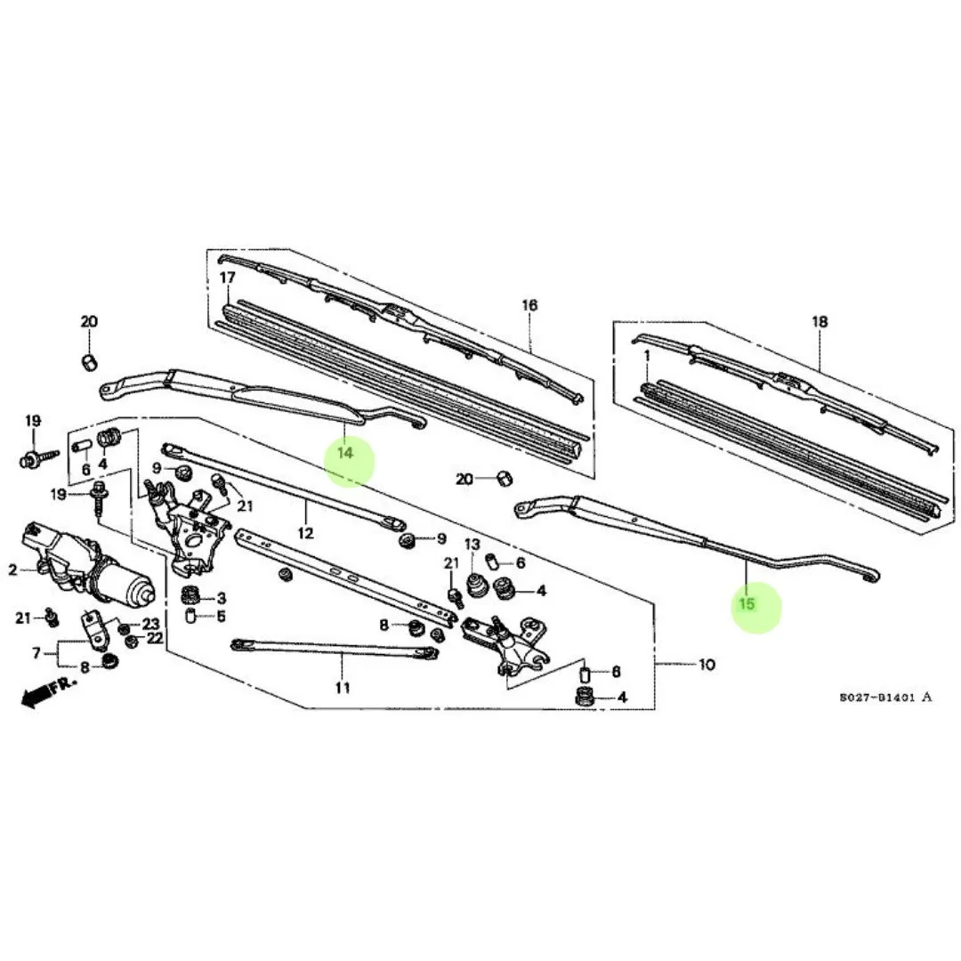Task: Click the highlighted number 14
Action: [345, 453]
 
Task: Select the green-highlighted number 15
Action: [747, 605]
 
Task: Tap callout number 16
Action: [529, 305]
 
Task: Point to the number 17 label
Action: [227, 279]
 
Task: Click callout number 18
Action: [820, 321]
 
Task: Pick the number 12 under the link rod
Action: [305, 534]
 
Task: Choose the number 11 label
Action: [343, 687]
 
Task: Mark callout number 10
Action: [707, 664]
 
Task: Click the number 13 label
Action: [472, 544]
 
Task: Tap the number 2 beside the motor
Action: [12, 569]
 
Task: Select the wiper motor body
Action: [89, 561]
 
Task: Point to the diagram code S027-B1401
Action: [880, 698]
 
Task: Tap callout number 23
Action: [151, 624]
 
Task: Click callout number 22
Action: [155, 638]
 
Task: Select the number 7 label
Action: [36, 653]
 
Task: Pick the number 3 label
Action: [221, 597]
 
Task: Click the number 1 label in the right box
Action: [648, 356]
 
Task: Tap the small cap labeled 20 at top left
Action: [90, 360]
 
